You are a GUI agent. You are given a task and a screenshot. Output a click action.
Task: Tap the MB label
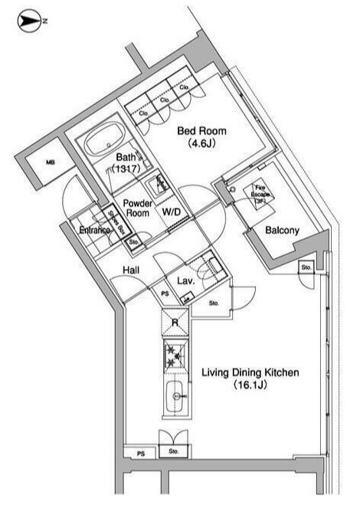pyautogui.click(x=51, y=162)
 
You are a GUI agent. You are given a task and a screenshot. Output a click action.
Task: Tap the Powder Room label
pyautogui.click(x=139, y=208)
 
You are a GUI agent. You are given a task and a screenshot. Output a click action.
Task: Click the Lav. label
pyautogui.click(x=186, y=281)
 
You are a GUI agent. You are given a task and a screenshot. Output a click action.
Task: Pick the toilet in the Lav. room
pyautogui.click(x=210, y=267)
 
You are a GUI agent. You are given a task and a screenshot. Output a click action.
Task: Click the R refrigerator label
pyautogui.click(x=175, y=323)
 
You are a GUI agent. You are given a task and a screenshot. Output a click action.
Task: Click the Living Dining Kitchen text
pyautogui.click(x=250, y=373)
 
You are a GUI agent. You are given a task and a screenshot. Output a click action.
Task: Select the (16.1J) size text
pyautogui.click(x=250, y=387)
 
